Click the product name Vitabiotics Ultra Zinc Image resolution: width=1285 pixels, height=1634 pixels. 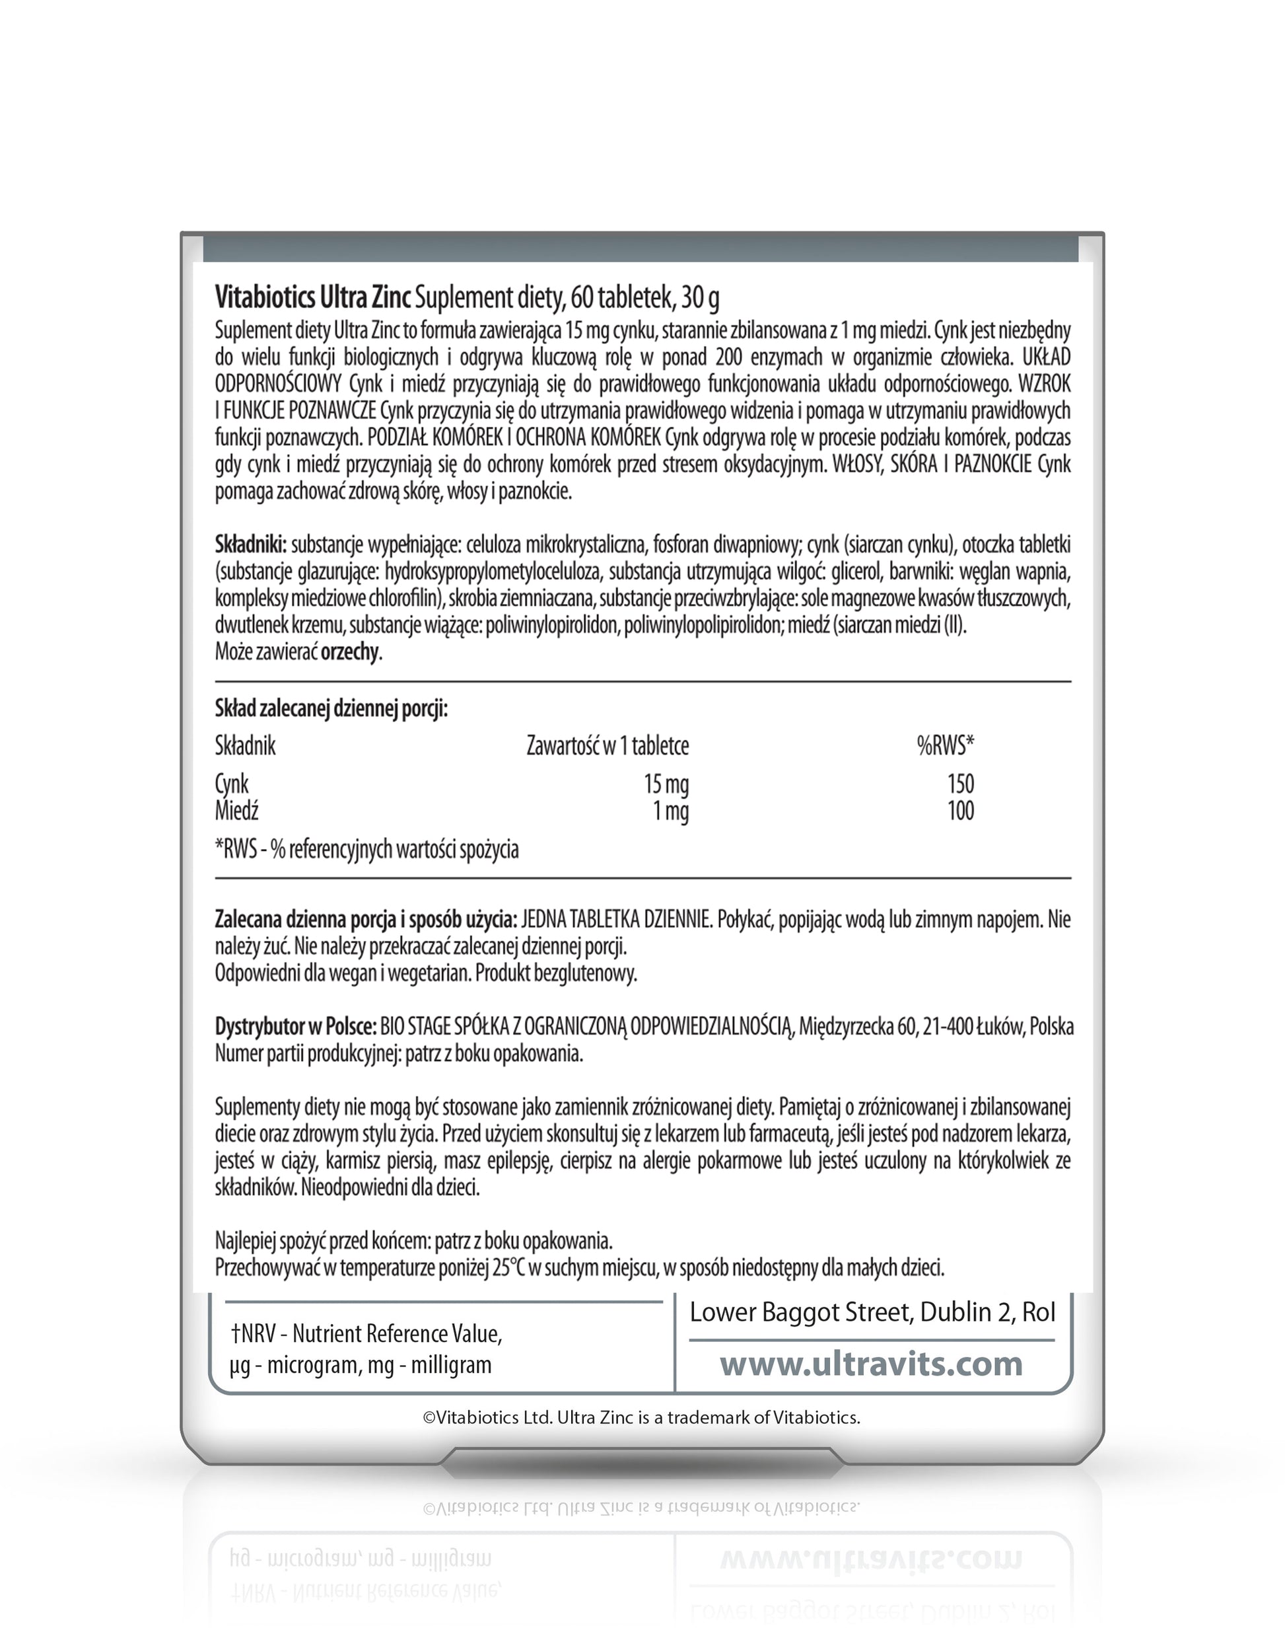click(x=312, y=298)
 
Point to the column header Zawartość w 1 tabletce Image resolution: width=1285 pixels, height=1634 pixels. click(x=607, y=746)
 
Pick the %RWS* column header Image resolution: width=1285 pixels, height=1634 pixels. click(x=945, y=746)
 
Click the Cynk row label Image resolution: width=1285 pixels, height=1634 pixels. click(x=232, y=784)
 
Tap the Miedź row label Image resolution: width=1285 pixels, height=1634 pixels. click(x=236, y=811)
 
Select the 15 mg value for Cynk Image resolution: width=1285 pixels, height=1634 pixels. click(x=666, y=784)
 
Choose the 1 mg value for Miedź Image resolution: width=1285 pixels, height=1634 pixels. click(x=671, y=811)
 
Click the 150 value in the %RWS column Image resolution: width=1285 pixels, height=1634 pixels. click(x=961, y=784)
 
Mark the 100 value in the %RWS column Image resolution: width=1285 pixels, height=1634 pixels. click(x=961, y=811)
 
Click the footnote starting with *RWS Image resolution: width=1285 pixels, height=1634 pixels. click(x=367, y=850)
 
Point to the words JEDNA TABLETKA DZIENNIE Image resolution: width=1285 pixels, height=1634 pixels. click(x=616, y=919)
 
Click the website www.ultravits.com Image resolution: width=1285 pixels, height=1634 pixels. click(x=871, y=1364)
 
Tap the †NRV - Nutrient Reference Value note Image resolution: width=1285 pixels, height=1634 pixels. click(x=366, y=1335)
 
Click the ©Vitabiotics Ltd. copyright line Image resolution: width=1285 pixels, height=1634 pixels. click(x=642, y=1417)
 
